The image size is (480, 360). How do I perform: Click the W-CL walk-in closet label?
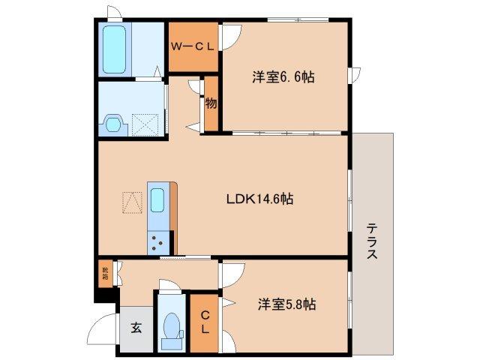pos(193,46)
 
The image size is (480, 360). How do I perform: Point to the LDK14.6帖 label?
pos(259,199)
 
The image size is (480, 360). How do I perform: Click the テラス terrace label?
pos(372,241)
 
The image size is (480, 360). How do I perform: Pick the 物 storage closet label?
pos(211,103)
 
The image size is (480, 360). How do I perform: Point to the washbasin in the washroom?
pos(114,122)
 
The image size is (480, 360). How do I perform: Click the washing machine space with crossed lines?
pos(144,122)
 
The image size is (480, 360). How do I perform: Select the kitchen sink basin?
pos(158,201)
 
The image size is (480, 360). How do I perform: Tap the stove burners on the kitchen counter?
pos(158,241)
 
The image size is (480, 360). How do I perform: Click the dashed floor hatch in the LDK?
pos(132,202)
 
